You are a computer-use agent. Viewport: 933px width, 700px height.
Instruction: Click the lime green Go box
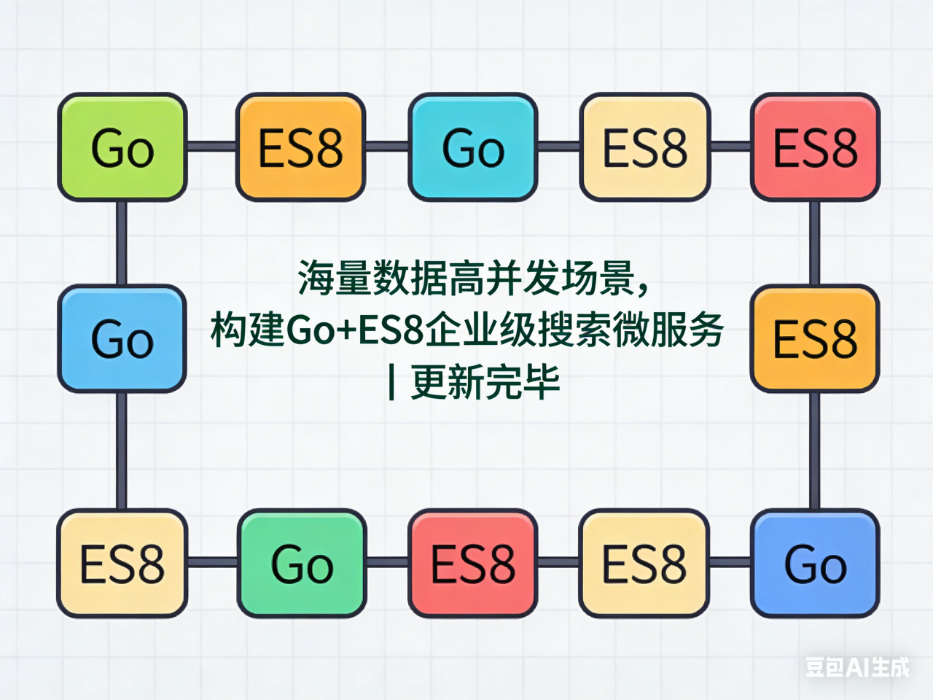tap(122, 147)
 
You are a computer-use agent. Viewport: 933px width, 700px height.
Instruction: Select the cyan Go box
tap(473, 147)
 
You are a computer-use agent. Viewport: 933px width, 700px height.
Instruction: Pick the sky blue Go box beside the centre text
tap(122, 339)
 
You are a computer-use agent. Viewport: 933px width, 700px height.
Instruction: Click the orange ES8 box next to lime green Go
tap(300, 147)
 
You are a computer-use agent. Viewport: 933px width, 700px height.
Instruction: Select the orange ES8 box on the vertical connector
tap(815, 339)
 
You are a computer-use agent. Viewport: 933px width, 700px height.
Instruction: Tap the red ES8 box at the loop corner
tap(815, 147)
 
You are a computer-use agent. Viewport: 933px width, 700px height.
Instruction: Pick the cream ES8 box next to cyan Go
tap(645, 147)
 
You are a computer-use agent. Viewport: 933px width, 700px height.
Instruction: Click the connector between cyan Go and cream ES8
tap(559, 147)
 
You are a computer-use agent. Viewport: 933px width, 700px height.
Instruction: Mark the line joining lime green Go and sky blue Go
tap(122, 243)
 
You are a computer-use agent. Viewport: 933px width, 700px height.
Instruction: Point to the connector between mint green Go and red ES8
tap(387, 562)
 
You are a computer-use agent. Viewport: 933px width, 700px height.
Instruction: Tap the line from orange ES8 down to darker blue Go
tap(815, 451)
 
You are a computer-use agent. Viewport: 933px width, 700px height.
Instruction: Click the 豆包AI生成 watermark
tap(857, 666)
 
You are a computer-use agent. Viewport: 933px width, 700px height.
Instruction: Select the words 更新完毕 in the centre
tap(485, 382)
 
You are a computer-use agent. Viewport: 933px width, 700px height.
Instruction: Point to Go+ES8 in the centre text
tap(355, 330)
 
